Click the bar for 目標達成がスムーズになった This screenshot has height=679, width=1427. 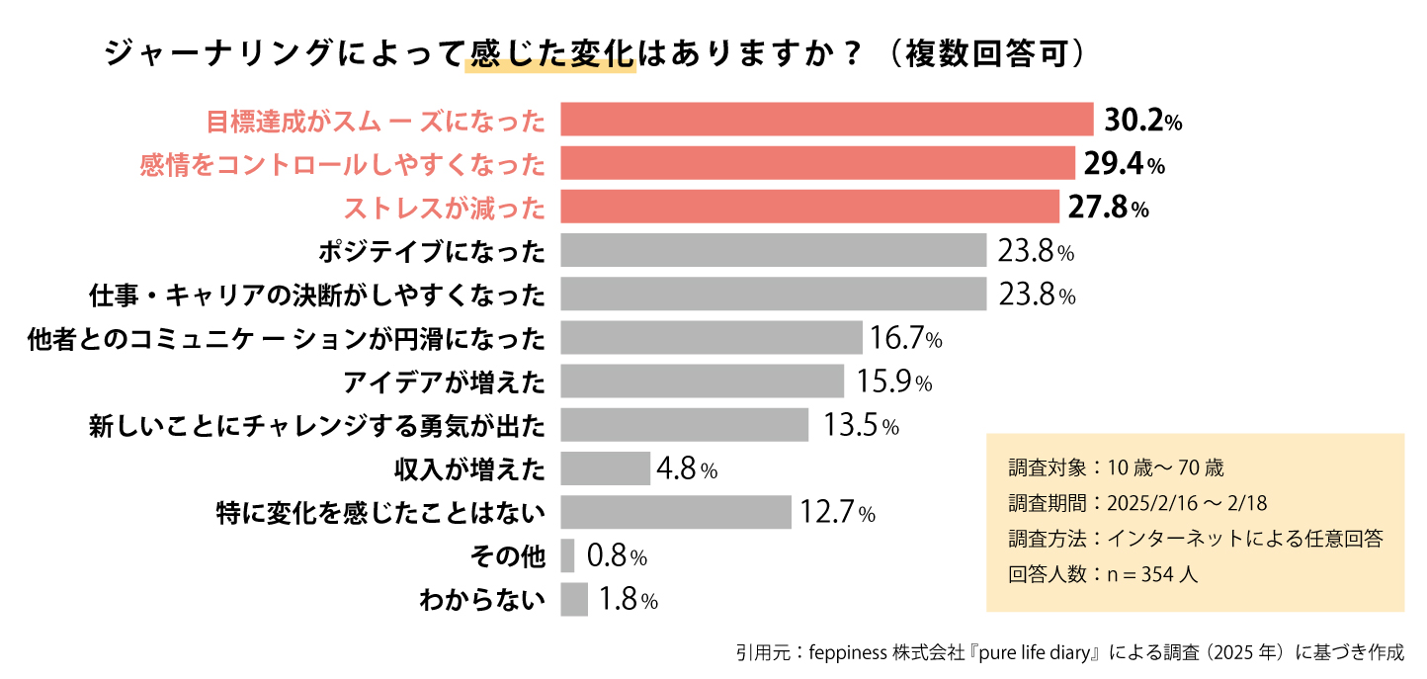coord(826,120)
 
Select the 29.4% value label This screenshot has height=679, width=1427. coord(1124,163)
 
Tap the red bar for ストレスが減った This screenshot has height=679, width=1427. coord(809,207)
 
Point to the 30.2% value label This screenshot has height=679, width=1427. coord(1142,121)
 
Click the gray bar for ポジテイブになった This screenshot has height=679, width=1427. coord(773,250)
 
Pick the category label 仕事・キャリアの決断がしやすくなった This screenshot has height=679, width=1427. coord(316,295)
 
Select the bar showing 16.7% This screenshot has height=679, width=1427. coord(711,337)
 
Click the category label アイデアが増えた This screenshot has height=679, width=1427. coord(445,382)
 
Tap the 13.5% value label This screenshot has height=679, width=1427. coord(861,426)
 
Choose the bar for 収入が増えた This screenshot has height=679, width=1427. coord(605,468)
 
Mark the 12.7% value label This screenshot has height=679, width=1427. coord(837,513)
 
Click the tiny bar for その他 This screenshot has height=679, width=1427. coord(567,555)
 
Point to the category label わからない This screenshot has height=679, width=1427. coord(482,600)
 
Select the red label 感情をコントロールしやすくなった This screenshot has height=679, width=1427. coord(342,164)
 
